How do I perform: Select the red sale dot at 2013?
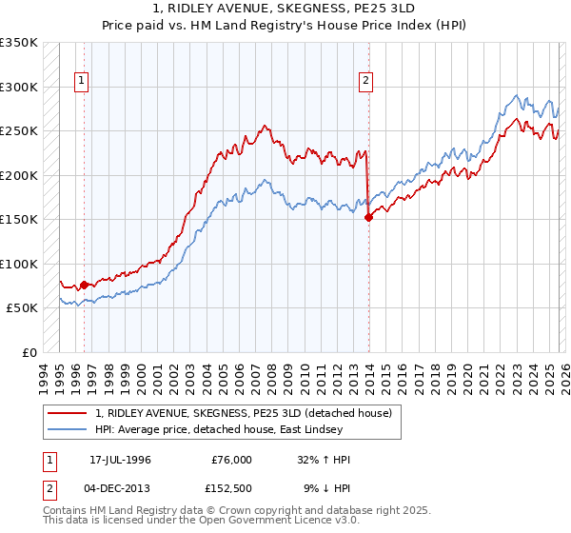tap(368, 218)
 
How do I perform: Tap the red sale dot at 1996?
tap(84, 285)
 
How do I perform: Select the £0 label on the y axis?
tap(29, 352)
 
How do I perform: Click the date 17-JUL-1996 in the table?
tap(121, 460)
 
